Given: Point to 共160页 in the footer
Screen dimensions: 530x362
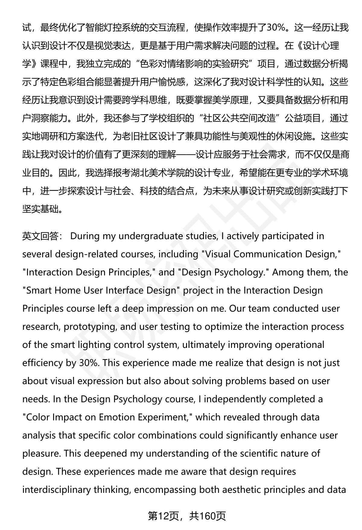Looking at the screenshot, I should coord(208,516).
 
